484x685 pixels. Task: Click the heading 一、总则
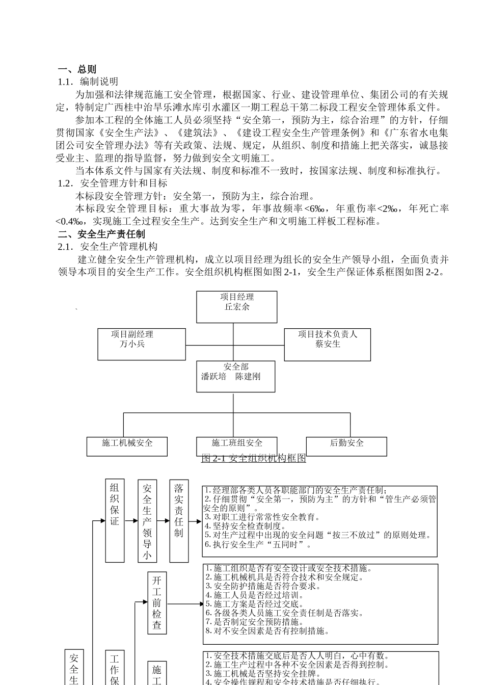(77, 69)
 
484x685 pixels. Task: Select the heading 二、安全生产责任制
(101, 234)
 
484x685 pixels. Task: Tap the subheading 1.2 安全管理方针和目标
(113, 183)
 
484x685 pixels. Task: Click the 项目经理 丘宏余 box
(237, 307)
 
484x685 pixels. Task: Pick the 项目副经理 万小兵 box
(142, 345)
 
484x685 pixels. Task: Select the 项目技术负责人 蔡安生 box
(327, 345)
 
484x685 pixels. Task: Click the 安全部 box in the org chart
(235, 377)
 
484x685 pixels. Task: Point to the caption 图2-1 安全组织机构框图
(254, 458)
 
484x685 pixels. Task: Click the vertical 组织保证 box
(115, 520)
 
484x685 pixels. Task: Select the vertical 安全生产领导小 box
(147, 520)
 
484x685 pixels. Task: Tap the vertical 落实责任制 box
(179, 520)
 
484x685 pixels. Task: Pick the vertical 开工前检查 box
(157, 604)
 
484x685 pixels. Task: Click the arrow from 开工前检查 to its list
(185, 604)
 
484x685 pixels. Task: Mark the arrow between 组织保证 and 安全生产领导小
(131, 521)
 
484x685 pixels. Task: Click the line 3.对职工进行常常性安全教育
(262, 517)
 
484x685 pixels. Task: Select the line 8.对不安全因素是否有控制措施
(267, 631)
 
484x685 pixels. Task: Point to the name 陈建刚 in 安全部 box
(248, 377)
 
